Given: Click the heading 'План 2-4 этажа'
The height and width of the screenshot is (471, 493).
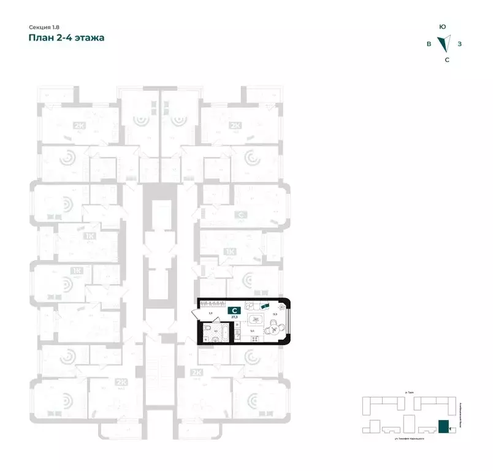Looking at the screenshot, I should [x=66, y=38].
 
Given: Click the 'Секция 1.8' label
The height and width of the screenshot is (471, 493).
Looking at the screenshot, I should [x=45, y=27].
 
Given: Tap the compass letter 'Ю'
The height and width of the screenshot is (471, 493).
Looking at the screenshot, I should [x=442, y=27].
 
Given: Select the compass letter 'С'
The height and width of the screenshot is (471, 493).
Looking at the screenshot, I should [x=446, y=59].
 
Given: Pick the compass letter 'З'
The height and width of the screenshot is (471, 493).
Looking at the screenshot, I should [x=459, y=44].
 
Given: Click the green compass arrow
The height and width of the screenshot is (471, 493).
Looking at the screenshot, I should [x=443, y=44].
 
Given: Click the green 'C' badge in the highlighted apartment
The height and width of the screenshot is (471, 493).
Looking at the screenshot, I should [x=234, y=311].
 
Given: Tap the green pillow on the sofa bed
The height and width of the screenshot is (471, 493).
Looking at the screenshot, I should [x=264, y=306].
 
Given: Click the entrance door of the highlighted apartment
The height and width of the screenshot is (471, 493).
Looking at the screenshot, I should [x=196, y=315].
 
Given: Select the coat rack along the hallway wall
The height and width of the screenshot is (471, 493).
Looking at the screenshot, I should [x=213, y=303].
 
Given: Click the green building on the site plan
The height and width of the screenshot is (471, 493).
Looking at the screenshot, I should [x=443, y=426].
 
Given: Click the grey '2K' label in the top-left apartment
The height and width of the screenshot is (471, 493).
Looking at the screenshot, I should [x=78, y=126].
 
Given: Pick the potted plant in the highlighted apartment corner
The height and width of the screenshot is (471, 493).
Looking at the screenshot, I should [x=281, y=306].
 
